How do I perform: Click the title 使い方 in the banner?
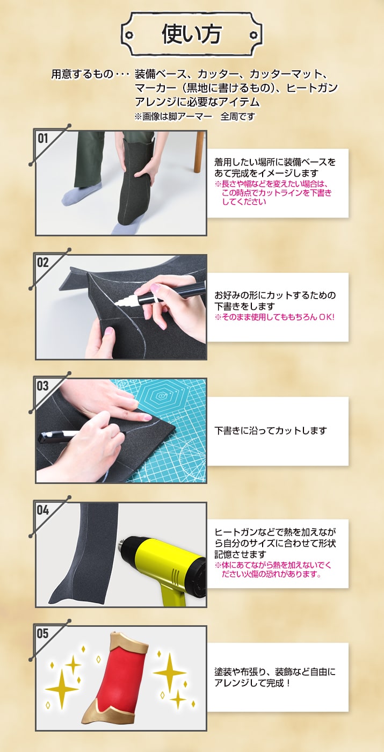click(191, 34)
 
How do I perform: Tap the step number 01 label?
click(42, 139)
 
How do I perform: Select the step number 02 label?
click(42, 263)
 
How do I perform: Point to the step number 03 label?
click(42, 386)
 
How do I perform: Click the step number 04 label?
click(42, 510)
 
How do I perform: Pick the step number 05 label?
click(42, 634)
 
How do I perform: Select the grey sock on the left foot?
click(80, 194)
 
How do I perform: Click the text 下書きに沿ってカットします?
click(271, 431)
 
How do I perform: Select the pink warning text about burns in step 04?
click(273, 570)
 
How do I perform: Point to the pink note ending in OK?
click(274, 317)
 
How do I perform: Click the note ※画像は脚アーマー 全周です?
click(194, 117)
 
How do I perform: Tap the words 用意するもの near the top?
click(82, 75)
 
